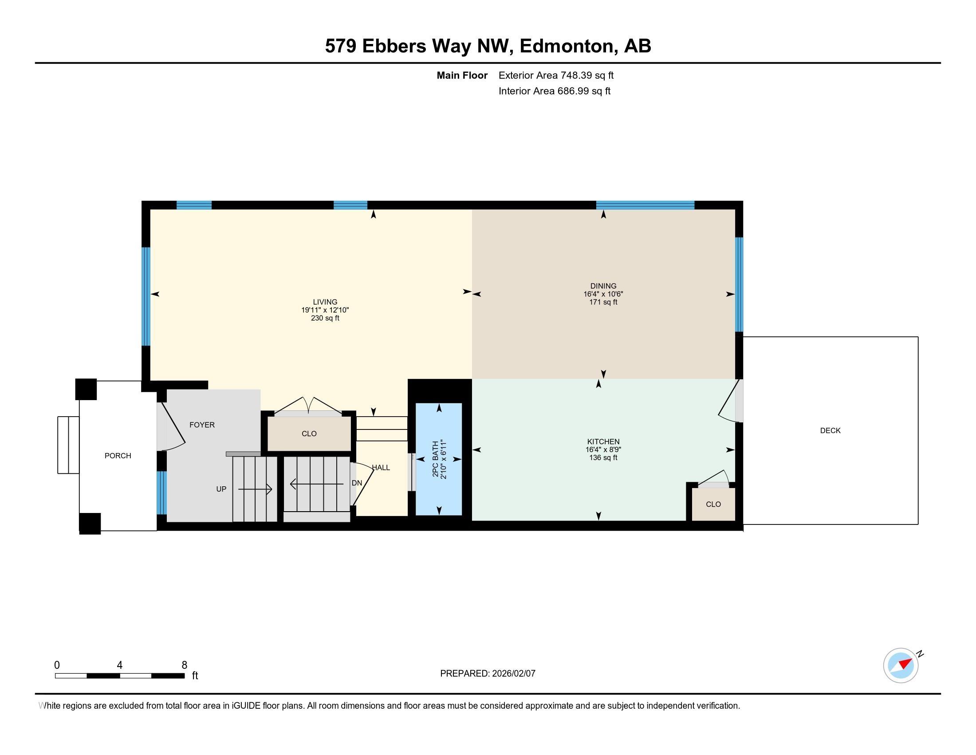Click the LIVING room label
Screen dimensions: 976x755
coord(325,302)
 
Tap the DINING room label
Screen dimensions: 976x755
coord(603,286)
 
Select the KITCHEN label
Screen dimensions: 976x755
coord(603,441)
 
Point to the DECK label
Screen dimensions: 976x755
coord(830,430)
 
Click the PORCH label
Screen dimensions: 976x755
coord(118,456)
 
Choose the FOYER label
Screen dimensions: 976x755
coord(202,425)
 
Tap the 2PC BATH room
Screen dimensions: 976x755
coord(439,459)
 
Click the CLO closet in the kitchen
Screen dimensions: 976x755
coord(713,504)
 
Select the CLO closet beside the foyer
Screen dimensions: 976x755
coord(309,433)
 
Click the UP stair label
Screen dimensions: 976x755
coord(221,489)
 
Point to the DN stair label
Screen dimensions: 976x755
coord(357,483)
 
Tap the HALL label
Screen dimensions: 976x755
coord(381,467)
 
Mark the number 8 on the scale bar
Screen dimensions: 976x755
coord(184,665)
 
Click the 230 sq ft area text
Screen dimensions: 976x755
coord(325,318)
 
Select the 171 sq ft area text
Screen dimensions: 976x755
coord(603,302)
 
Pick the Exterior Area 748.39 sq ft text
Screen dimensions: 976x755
coord(556,75)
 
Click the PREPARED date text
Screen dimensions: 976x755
coord(488,673)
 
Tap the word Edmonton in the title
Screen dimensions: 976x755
coord(566,46)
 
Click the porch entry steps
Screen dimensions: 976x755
coord(68,445)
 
